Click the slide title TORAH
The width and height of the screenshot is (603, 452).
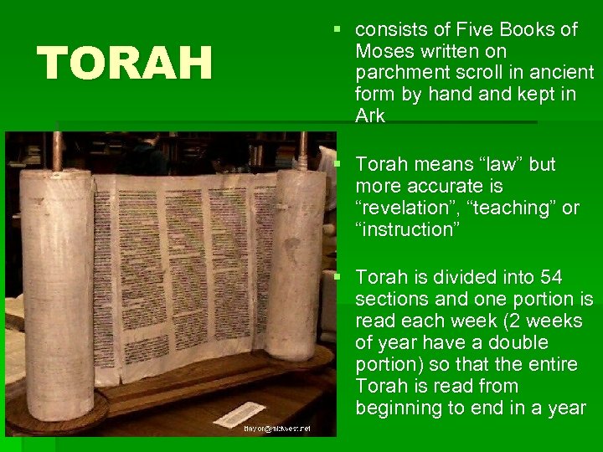pyautogui.click(x=125, y=64)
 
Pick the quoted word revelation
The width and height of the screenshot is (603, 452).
pyautogui.click(x=409, y=208)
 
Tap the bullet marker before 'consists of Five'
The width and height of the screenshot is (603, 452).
pyautogui.click(x=337, y=30)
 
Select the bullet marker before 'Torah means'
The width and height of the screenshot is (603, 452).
pyautogui.click(x=337, y=164)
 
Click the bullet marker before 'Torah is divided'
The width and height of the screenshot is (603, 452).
pyautogui.click(x=337, y=277)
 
